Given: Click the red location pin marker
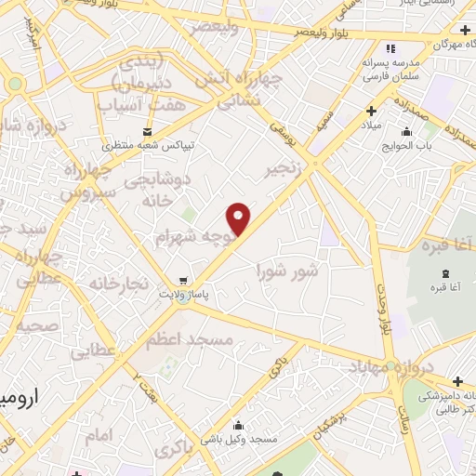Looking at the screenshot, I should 240,218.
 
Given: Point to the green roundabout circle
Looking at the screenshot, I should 14,84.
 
